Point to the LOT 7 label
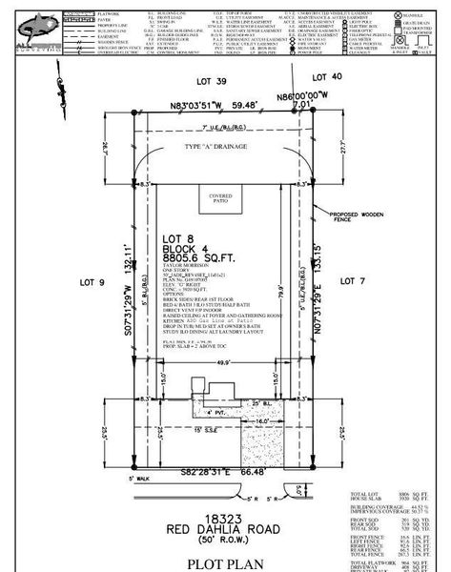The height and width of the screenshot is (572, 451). [x=353, y=281]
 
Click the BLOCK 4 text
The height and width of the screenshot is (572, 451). [x=186, y=246]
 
